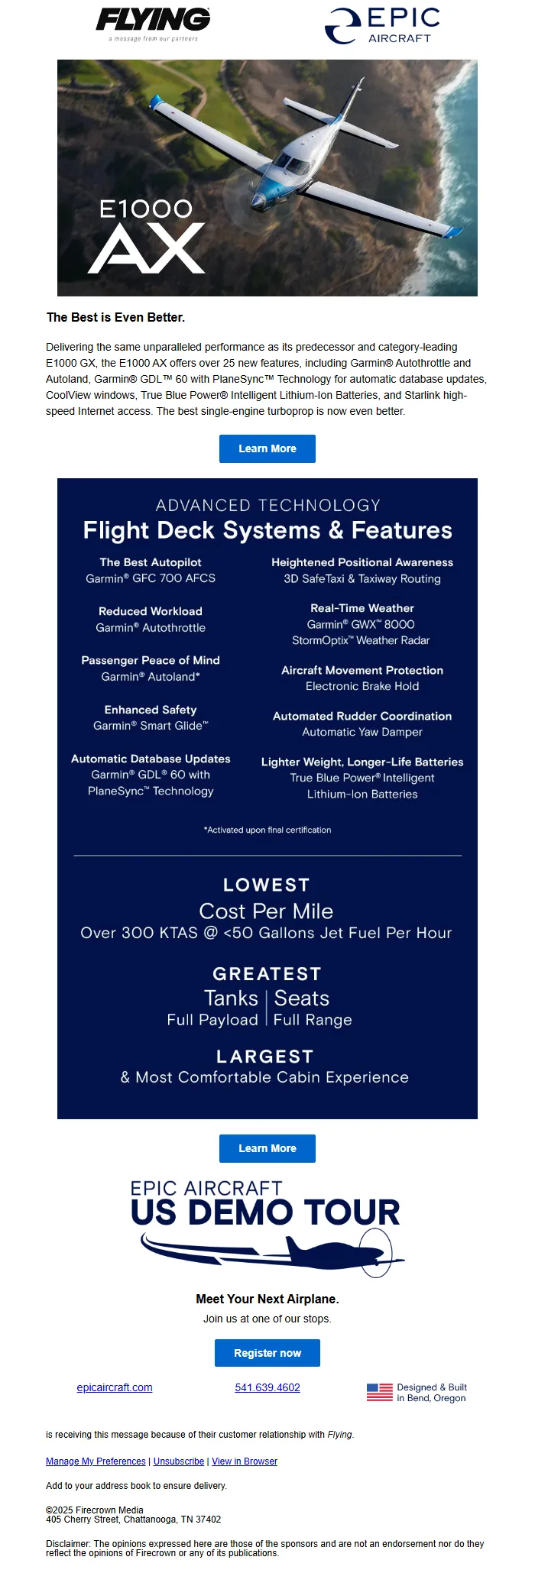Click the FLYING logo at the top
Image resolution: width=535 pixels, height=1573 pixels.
tap(153, 21)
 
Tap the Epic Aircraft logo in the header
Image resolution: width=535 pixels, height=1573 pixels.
tap(382, 26)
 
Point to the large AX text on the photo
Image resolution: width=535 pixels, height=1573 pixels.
tap(147, 248)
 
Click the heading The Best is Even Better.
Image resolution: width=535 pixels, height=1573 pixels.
tap(115, 317)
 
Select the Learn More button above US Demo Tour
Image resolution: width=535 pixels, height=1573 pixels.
tap(267, 1148)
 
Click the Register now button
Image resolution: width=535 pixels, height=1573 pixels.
tap(267, 1353)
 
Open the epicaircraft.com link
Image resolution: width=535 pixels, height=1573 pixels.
tap(115, 1387)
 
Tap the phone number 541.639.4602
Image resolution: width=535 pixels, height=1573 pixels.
tap(267, 1387)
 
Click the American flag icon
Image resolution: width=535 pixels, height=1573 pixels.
tap(379, 1392)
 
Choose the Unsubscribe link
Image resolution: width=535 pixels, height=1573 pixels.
tap(179, 1461)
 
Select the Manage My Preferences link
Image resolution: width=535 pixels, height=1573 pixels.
tap(96, 1461)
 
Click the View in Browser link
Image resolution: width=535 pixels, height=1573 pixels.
tap(245, 1461)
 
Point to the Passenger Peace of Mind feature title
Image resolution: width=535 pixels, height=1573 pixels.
tap(151, 660)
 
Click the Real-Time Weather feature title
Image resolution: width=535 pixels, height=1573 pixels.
tap(362, 608)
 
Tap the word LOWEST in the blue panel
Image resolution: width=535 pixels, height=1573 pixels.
tap(267, 885)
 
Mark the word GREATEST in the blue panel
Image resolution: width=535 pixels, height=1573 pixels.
tap(267, 974)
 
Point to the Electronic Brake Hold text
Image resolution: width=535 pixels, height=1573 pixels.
tap(362, 686)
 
